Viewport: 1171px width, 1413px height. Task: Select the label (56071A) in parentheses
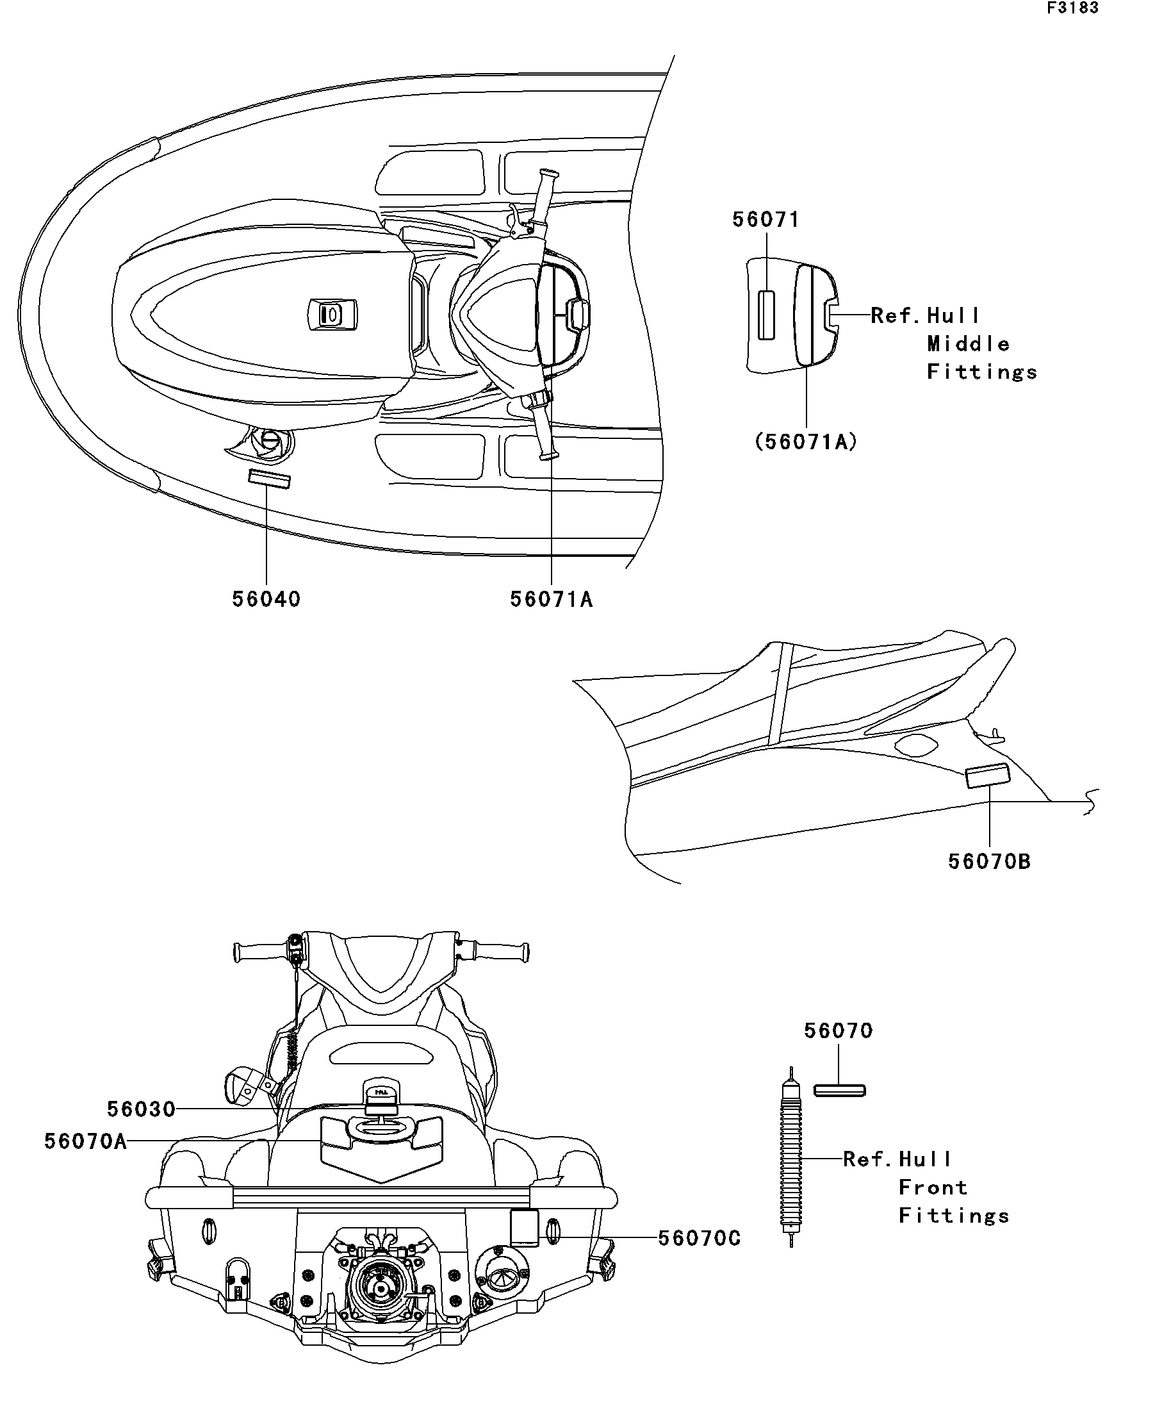[x=806, y=442]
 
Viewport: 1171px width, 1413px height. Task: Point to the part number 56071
[x=766, y=219]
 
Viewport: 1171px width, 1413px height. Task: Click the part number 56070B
[x=988, y=861]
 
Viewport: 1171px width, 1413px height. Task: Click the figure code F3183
[x=1072, y=8]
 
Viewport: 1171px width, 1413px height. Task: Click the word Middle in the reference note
[x=968, y=344]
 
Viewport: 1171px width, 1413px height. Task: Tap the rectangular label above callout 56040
[x=269, y=479]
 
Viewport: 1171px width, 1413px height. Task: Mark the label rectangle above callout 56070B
[x=987, y=776]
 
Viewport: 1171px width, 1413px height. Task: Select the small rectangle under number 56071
[x=766, y=315]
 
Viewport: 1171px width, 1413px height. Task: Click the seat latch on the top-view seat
[x=332, y=314]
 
